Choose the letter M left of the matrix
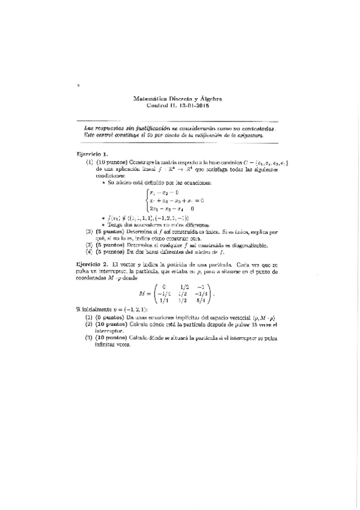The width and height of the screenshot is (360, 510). (x=142, y=294)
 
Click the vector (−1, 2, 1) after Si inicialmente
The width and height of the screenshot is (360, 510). (x=138, y=309)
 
